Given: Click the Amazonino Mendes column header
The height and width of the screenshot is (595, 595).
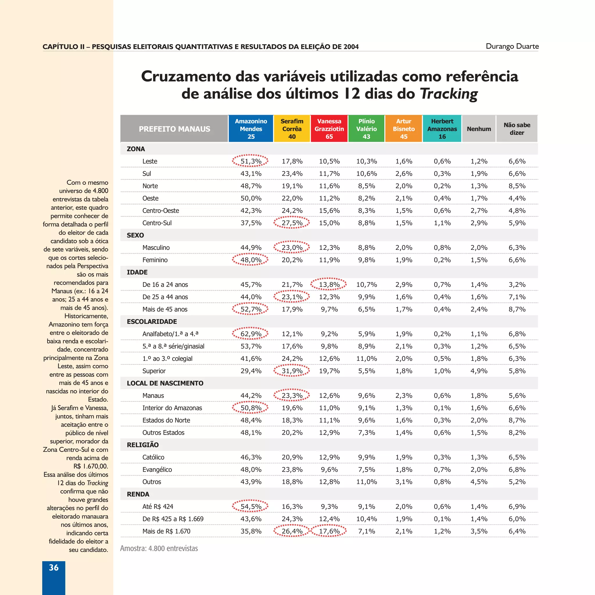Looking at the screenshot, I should [x=251, y=129].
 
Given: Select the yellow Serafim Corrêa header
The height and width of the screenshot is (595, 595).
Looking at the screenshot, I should [x=292, y=129].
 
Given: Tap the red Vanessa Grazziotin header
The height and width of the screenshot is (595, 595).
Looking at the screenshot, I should [x=329, y=129].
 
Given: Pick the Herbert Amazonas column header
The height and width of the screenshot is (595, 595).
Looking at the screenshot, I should [x=442, y=129].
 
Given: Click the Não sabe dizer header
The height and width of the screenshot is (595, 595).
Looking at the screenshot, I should [x=517, y=129].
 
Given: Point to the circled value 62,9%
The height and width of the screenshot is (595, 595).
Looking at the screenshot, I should [x=250, y=334].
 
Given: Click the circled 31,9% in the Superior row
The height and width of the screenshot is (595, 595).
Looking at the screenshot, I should [x=292, y=371].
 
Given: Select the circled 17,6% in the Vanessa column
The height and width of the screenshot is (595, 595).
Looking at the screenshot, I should [x=329, y=531].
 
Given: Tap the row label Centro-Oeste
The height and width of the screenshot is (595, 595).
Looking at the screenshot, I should [x=160, y=211].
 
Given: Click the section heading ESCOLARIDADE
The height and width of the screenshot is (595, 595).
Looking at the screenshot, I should [x=152, y=322].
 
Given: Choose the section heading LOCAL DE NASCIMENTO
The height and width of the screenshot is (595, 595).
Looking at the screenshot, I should [x=165, y=383].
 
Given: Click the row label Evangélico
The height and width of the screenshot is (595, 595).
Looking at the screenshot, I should [x=157, y=470].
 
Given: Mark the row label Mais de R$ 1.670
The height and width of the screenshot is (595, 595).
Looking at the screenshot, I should [x=166, y=531].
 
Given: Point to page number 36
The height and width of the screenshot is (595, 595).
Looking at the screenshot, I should [x=53, y=568].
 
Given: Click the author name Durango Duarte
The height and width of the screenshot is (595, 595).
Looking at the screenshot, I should [x=512, y=46].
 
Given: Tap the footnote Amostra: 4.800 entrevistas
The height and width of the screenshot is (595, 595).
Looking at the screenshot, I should [x=159, y=549].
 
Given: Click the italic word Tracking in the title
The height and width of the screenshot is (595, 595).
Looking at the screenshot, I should [x=449, y=94].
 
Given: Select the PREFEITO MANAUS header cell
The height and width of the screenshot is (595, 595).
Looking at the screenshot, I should [x=174, y=129].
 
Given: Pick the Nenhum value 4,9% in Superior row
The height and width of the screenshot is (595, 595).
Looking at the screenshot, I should [x=478, y=371].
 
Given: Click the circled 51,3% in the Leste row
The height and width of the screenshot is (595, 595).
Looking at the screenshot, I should [x=250, y=161].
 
